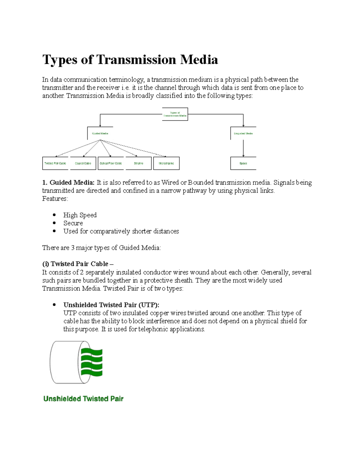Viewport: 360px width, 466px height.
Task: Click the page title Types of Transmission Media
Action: (130, 59)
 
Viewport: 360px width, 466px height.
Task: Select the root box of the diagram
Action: (175, 114)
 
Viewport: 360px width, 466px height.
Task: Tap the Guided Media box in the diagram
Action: (100, 134)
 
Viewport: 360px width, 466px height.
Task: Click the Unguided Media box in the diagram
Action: (243, 134)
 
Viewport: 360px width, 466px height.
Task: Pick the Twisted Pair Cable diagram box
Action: (55, 164)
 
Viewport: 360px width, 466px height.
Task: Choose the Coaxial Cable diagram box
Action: (83, 164)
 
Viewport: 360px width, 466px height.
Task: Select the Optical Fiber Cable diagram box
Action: (111, 164)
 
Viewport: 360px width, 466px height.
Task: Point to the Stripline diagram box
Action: (139, 164)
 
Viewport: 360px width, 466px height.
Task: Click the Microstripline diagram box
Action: (166, 164)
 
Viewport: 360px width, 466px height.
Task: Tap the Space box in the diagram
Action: (243, 164)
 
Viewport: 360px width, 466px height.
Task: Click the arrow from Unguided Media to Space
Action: (243, 148)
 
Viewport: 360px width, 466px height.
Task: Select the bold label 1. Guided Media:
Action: (68, 182)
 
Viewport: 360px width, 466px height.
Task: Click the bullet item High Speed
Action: (80, 215)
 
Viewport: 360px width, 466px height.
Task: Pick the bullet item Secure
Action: (73, 223)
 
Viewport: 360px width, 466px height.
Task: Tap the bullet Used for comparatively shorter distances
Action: (121, 231)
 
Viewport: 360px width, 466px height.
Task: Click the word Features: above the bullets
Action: (55, 199)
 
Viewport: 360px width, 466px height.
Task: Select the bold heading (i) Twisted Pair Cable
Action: (78, 264)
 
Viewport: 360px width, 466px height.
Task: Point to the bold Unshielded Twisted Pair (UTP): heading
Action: (111, 305)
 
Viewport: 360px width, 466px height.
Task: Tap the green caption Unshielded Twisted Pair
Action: (83, 399)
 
